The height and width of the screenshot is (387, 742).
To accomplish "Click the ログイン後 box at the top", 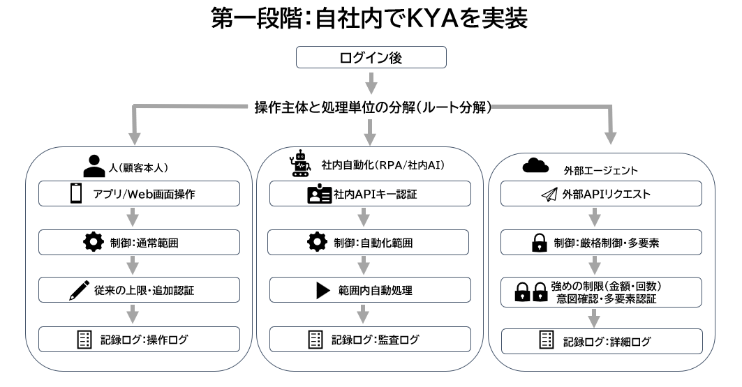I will tap(371, 57).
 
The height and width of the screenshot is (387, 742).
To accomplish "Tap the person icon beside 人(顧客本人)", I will tap(94, 166).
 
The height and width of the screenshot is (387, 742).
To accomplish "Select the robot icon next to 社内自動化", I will tap(300, 163).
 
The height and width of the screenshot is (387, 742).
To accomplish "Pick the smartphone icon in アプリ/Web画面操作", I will tap(76, 194).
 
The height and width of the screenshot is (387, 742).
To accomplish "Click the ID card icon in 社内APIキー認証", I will tap(318, 195).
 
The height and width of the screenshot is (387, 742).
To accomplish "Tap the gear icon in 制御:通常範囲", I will tap(92, 243).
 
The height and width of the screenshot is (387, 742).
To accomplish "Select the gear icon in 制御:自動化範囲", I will tap(317, 243).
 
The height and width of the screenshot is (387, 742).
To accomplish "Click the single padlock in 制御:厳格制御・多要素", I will tap(539, 243).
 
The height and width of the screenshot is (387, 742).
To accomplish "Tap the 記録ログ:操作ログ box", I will tap(140, 340).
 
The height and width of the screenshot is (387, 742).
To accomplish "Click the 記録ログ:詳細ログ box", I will tap(594, 340).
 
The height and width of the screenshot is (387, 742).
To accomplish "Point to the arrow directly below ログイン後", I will tap(371, 84).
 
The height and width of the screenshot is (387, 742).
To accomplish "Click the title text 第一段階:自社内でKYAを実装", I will tap(370, 20).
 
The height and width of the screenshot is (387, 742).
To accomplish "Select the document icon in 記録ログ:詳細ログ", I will tap(547, 340).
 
